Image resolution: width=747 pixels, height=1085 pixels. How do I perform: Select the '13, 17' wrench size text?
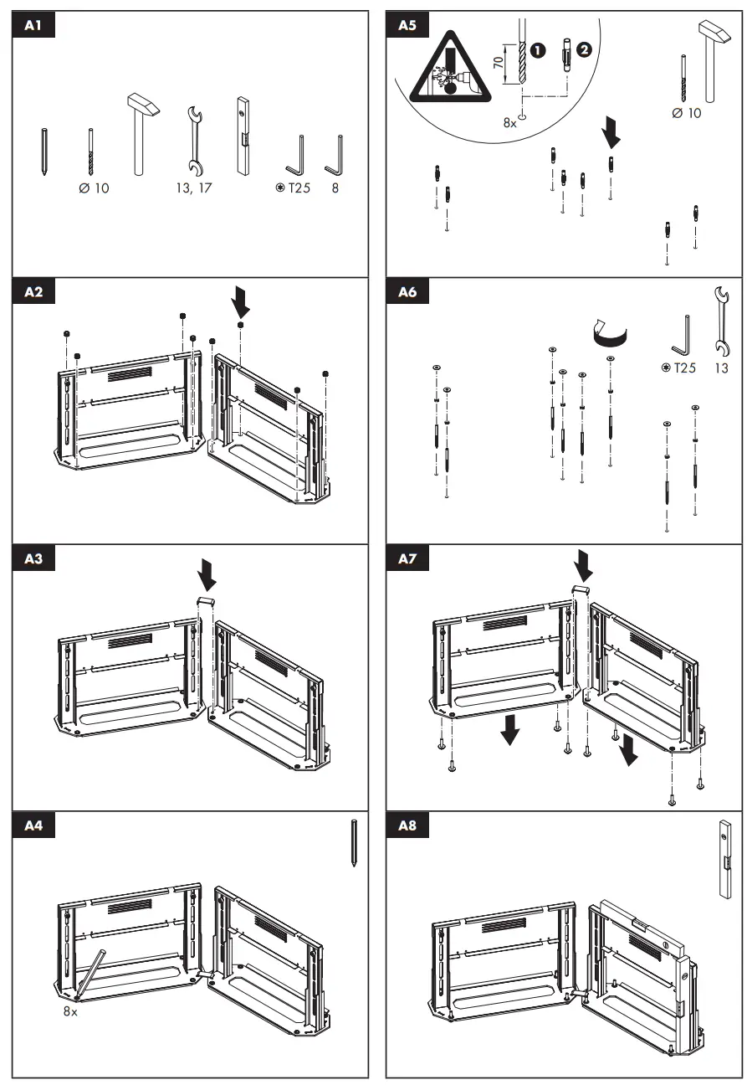[194, 188]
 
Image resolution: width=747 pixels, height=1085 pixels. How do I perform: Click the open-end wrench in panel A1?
[194, 139]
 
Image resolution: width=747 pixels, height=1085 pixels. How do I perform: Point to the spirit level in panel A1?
[243, 136]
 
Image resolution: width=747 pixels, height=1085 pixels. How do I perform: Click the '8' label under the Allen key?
[335, 188]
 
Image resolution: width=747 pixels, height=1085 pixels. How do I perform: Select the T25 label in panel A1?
[294, 188]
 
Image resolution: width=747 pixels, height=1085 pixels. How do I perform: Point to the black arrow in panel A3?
[207, 574]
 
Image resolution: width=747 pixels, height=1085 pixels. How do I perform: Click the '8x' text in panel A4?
[70, 1011]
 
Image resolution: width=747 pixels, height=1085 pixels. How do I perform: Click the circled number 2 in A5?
[583, 49]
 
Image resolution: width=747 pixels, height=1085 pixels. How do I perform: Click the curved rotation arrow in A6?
[609, 332]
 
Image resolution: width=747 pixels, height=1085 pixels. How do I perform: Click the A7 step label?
[407, 559]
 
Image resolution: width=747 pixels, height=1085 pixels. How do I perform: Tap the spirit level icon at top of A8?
[725, 859]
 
